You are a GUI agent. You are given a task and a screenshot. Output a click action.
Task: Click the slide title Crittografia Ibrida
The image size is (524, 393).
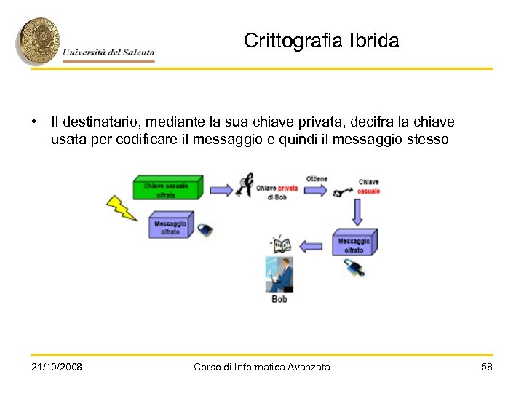[321, 41]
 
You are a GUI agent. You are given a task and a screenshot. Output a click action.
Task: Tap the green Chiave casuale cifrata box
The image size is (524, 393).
[167, 188]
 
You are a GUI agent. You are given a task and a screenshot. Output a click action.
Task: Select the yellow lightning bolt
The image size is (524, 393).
[122, 208]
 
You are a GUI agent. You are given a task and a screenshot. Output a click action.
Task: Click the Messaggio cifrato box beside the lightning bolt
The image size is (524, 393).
[170, 225]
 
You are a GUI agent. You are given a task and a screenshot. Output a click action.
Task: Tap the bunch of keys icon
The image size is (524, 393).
[246, 185]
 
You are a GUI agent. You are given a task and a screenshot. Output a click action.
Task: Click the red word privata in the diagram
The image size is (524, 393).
[287, 188]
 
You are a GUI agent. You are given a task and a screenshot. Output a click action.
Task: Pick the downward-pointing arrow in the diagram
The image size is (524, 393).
[357, 212]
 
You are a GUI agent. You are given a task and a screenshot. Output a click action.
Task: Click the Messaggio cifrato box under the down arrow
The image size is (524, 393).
[354, 243]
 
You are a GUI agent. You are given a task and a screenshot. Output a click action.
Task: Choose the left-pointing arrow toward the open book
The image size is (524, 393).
[311, 246]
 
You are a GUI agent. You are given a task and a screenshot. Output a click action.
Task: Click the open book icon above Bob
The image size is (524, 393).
[280, 245]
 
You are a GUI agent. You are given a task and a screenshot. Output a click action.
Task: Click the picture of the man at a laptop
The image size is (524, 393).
[279, 274]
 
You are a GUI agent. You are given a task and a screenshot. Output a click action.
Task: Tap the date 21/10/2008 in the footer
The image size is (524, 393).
[57, 367]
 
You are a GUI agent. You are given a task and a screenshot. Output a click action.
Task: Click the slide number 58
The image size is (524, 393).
[487, 367]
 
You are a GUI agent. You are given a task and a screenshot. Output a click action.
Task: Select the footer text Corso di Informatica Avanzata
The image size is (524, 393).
[261, 367]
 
